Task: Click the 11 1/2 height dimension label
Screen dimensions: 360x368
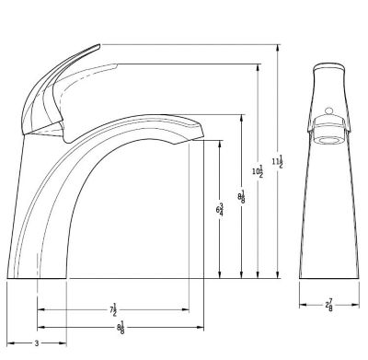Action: tap(279, 160)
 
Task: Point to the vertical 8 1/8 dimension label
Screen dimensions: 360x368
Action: tap(241, 197)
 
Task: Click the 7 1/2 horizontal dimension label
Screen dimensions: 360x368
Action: tap(113, 311)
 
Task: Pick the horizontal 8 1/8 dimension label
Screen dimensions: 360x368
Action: tap(121, 326)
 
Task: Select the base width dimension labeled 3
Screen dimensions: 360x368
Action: tap(36, 343)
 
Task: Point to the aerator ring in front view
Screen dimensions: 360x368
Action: tap(328, 139)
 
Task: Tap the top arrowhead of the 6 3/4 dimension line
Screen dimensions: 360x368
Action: tap(220, 142)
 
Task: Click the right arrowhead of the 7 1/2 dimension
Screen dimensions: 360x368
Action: tap(187, 310)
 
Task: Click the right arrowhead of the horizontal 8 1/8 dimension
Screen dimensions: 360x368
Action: tap(203, 326)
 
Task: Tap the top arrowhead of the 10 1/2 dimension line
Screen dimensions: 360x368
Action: tap(259, 67)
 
